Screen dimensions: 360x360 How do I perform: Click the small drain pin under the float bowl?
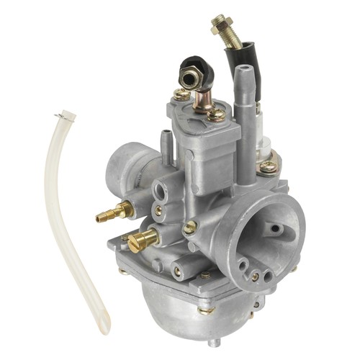pos(209,343)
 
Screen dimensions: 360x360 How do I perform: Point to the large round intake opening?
pos(259,230)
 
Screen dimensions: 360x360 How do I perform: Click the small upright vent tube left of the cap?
pos(167,137)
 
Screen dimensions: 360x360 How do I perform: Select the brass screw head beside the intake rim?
pos(190,228)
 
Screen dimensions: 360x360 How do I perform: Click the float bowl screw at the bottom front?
pos(206,310)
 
